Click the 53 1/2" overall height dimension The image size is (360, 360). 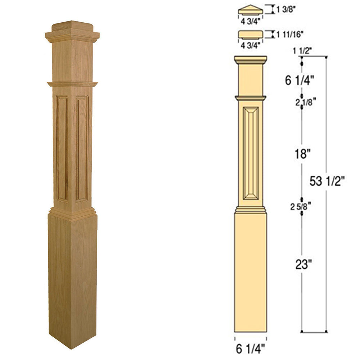tap(327, 181)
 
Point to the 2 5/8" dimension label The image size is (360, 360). tap(301, 206)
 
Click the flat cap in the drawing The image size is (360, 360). tap(250, 34)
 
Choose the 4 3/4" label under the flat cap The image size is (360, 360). tap(250, 46)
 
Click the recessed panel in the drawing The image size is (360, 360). tap(251, 153)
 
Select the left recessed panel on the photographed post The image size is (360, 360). tap(62, 148)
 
